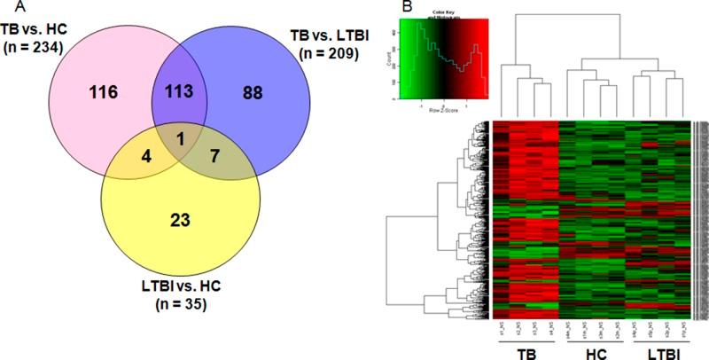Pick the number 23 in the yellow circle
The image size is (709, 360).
pyautogui.click(x=183, y=211)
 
